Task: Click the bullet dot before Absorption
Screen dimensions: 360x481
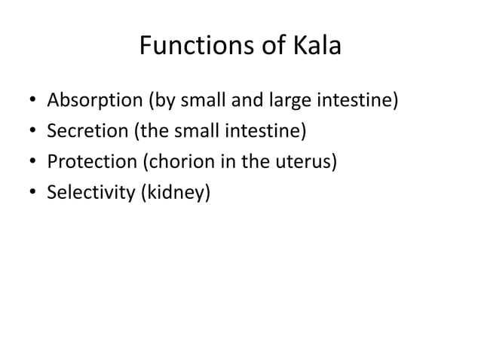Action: point(31,101)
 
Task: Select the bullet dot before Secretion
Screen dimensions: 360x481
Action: point(31,133)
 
